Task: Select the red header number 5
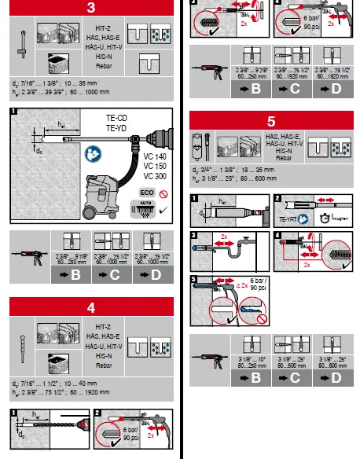pyautogui.click(x=270, y=121)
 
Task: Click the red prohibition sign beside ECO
pyautogui.click(x=163, y=192)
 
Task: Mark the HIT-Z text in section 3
pyautogui.click(x=92, y=28)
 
